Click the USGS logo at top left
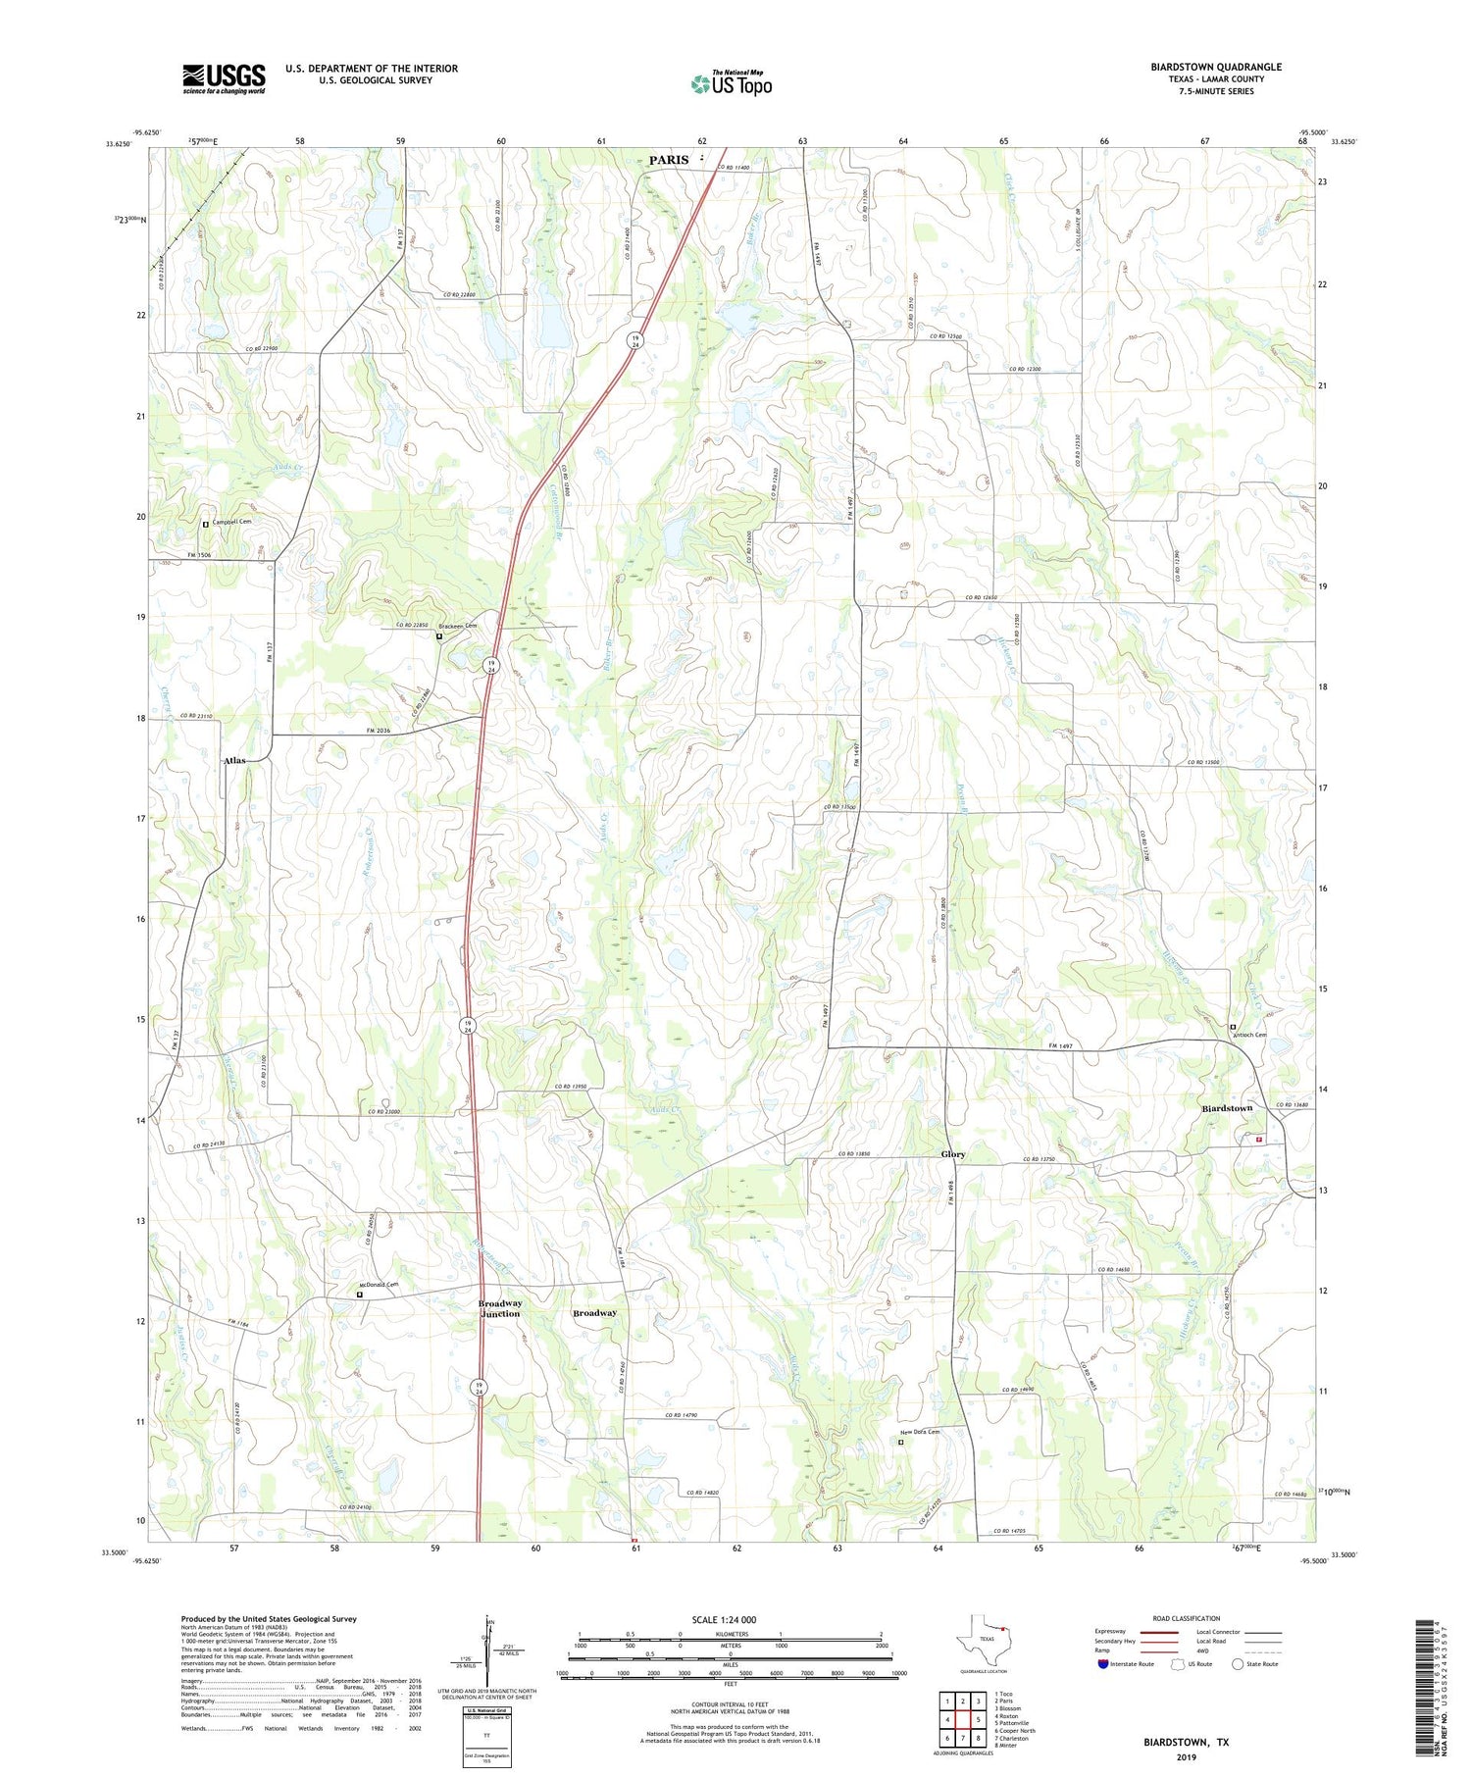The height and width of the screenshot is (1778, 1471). pos(224,78)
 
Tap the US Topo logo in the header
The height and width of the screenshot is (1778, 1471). pos(731,84)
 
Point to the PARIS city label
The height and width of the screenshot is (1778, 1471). pos(669,159)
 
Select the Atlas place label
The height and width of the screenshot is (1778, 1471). pos(234,760)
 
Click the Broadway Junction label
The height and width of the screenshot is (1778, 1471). pos(499,1308)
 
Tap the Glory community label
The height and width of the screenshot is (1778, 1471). pos(952,1154)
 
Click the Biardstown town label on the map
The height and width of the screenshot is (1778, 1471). pos(1227,1108)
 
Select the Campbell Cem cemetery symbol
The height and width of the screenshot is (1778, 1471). pos(206,524)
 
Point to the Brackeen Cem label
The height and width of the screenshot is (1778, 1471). pos(461,626)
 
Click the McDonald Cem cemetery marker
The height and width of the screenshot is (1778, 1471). pos(359,1295)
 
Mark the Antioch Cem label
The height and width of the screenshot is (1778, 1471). pos(1252,1035)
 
